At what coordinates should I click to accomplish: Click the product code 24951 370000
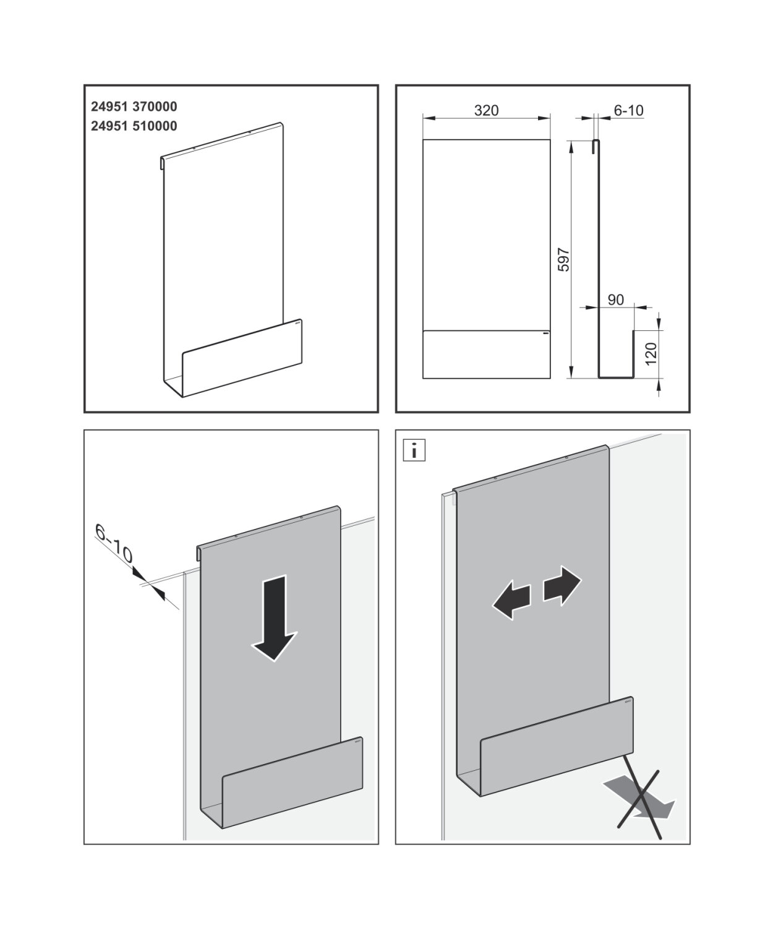(134, 106)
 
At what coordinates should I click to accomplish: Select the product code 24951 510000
(134, 126)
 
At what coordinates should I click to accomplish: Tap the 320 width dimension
(486, 111)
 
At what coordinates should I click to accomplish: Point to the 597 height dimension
(563, 259)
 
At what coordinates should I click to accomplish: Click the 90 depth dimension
(616, 300)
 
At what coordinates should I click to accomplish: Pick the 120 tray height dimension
(651, 353)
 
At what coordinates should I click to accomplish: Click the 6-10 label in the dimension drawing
(628, 111)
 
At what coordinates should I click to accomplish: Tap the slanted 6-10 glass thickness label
(114, 544)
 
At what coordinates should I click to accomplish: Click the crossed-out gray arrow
(641, 798)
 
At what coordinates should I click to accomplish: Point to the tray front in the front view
(486, 354)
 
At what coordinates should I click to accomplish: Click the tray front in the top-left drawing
(243, 359)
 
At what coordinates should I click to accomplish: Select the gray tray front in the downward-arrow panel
(292, 773)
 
